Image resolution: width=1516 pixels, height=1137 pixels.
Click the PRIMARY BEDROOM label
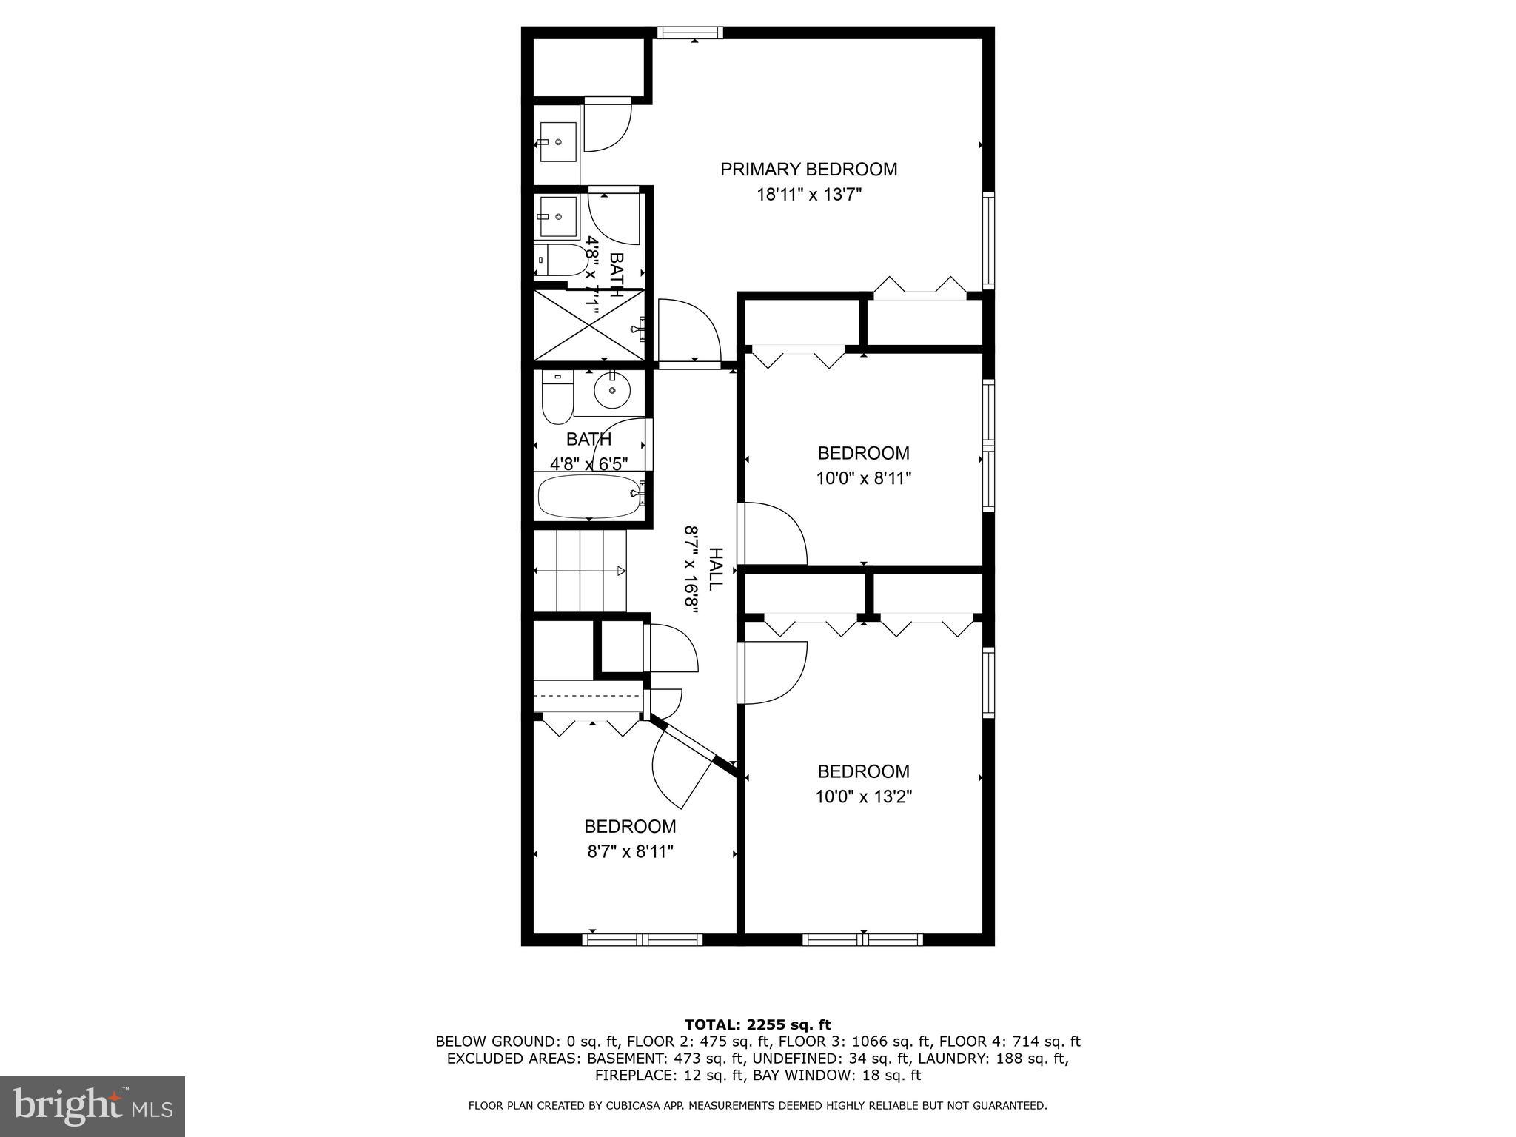808,170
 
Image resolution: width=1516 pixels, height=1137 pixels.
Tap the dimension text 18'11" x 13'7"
808,195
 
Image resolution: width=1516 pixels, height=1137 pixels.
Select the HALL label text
714,568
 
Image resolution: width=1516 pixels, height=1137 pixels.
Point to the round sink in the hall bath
612,392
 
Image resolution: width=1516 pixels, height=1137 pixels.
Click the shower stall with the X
589,326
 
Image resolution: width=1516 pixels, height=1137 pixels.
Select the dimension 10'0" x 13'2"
863,797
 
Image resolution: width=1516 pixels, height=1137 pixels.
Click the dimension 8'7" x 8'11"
630,852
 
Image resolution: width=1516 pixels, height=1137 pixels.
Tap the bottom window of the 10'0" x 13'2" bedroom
863,939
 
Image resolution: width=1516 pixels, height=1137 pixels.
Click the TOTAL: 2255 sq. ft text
757,1025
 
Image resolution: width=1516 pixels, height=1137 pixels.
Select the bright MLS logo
93,1106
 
